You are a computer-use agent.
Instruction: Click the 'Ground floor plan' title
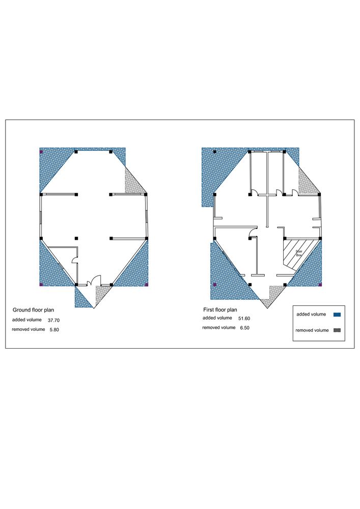(x=33, y=310)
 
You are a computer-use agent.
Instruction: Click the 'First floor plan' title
(x=220, y=309)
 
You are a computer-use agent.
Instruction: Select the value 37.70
(x=53, y=320)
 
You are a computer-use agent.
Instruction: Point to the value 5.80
(x=54, y=330)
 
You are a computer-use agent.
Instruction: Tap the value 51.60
(x=244, y=319)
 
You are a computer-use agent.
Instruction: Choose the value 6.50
(x=245, y=328)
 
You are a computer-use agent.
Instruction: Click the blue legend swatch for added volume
(x=337, y=315)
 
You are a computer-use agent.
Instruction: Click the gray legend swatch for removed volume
(x=337, y=330)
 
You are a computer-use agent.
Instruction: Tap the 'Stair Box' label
(x=299, y=253)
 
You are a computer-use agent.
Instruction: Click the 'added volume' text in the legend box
(x=311, y=314)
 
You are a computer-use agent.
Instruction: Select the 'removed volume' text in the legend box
(x=312, y=330)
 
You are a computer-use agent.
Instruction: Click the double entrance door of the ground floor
(x=95, y=280)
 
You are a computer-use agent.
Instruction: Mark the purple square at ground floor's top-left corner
(x=41, y=152)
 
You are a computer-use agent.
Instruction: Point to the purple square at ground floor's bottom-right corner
(x=147, y=285)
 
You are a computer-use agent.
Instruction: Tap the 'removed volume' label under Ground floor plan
(x=29, y=329)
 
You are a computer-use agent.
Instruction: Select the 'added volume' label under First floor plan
(x=217, y=318)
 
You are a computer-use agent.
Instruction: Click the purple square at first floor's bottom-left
(x=214, y=285)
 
